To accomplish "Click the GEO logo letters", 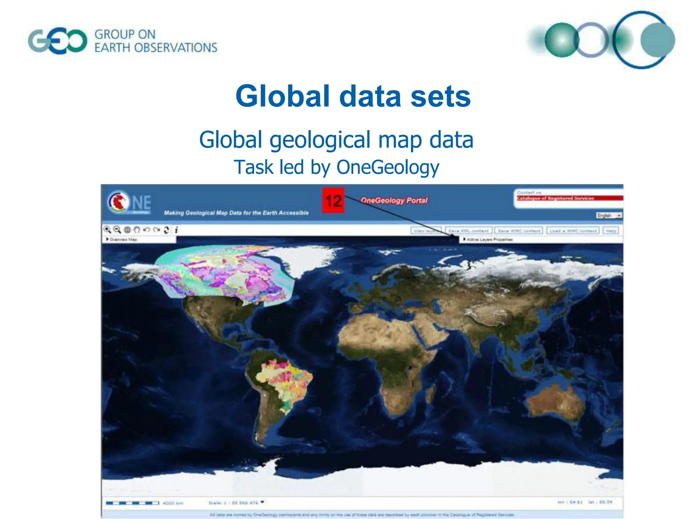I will (57, 41).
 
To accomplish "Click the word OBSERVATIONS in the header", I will (176, 48).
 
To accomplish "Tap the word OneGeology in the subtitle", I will (388, 167).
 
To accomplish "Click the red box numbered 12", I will (333, 201).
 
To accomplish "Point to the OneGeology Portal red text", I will (394, 200).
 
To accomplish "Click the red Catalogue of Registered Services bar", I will (569, 198).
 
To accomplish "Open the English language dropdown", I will (609, 215).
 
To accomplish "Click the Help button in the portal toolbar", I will (611, 231).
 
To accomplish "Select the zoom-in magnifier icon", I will (107, 230).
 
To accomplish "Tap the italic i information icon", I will (176, 230).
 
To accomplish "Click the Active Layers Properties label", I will (489, 240).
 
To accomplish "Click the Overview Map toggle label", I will (122, 240).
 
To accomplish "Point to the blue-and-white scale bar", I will (132, 503).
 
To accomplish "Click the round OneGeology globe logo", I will (118, 201).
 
